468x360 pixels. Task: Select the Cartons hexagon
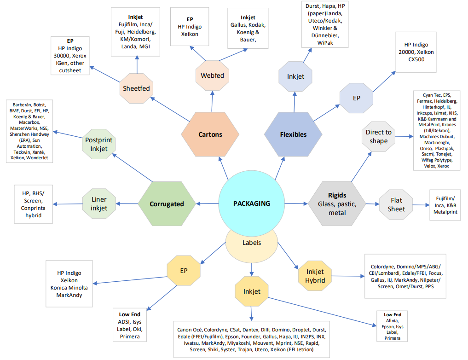(x=210, y=134)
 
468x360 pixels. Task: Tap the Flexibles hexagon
(x=293, y=134)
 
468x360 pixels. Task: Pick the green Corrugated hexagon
(x=167, y=204)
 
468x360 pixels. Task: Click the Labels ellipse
(x=251, y=243)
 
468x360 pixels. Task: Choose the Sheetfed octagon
(x=136, y=88)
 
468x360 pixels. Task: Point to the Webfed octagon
(x=213, y=75)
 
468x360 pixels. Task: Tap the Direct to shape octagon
(x=379, y=136)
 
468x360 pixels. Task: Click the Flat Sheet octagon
(x=396, y=205)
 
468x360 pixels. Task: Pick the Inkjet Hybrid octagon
(x=315, y=276)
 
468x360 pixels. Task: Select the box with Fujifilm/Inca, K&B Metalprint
(x=445, y=205)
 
